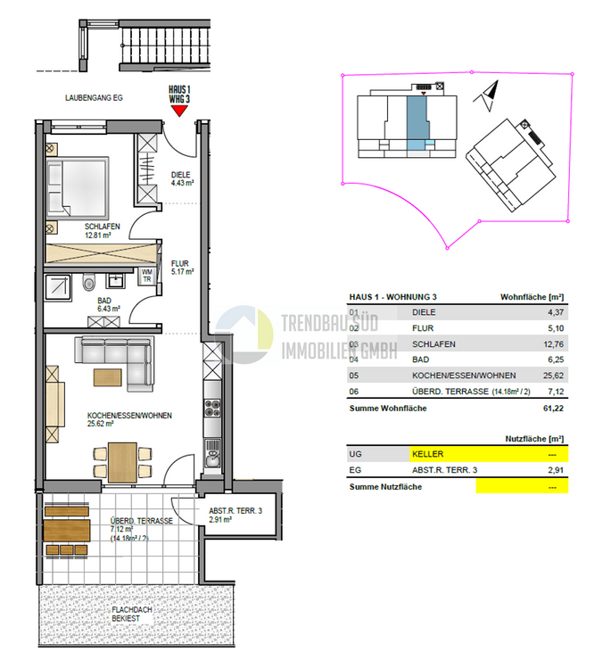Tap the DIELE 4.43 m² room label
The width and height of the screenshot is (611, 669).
182,179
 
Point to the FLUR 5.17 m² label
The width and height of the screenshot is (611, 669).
182,267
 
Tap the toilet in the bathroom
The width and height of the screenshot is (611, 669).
87,284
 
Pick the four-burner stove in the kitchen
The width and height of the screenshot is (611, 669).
212,409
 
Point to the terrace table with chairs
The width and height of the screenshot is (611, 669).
66,533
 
